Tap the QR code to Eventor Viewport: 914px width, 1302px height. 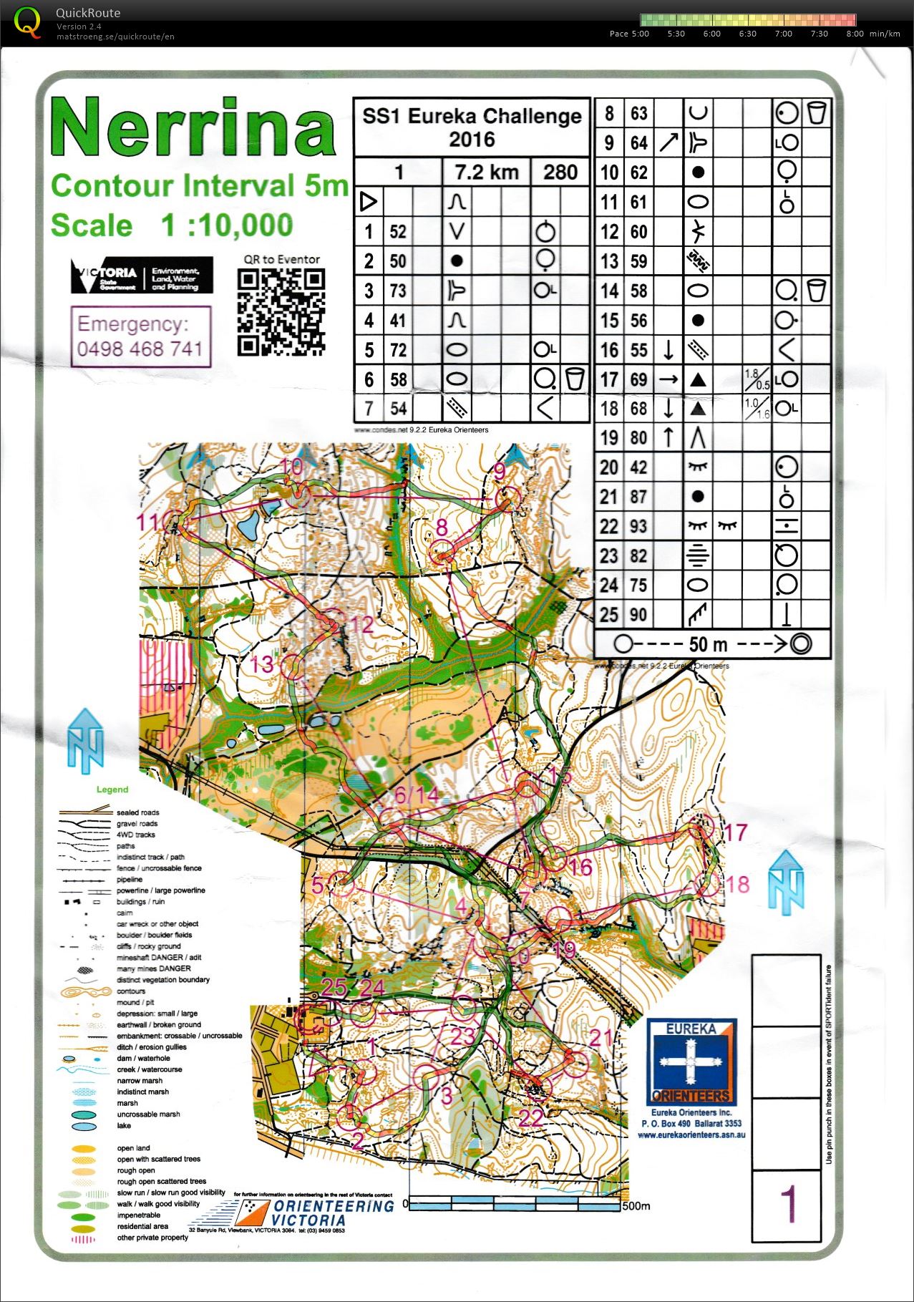pos(281,312)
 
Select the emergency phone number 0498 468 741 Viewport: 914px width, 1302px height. pos(140,349)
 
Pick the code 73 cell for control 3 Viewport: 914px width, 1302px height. pos(398,291)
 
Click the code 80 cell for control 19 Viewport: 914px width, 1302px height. pos(638,437)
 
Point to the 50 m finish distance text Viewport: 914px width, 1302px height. pos(708,644)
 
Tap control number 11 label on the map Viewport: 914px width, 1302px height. pos(149,522)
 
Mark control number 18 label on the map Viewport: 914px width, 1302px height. pos(737,884)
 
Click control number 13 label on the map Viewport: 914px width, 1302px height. pos(261,664)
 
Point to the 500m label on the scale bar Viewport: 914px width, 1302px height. pos(636,1206)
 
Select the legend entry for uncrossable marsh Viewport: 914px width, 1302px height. pos(148,1114)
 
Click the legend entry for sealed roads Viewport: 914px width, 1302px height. pos(137,812)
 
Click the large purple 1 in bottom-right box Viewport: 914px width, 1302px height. pos(787,1205)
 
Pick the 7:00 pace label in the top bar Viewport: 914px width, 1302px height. pos(783,34)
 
